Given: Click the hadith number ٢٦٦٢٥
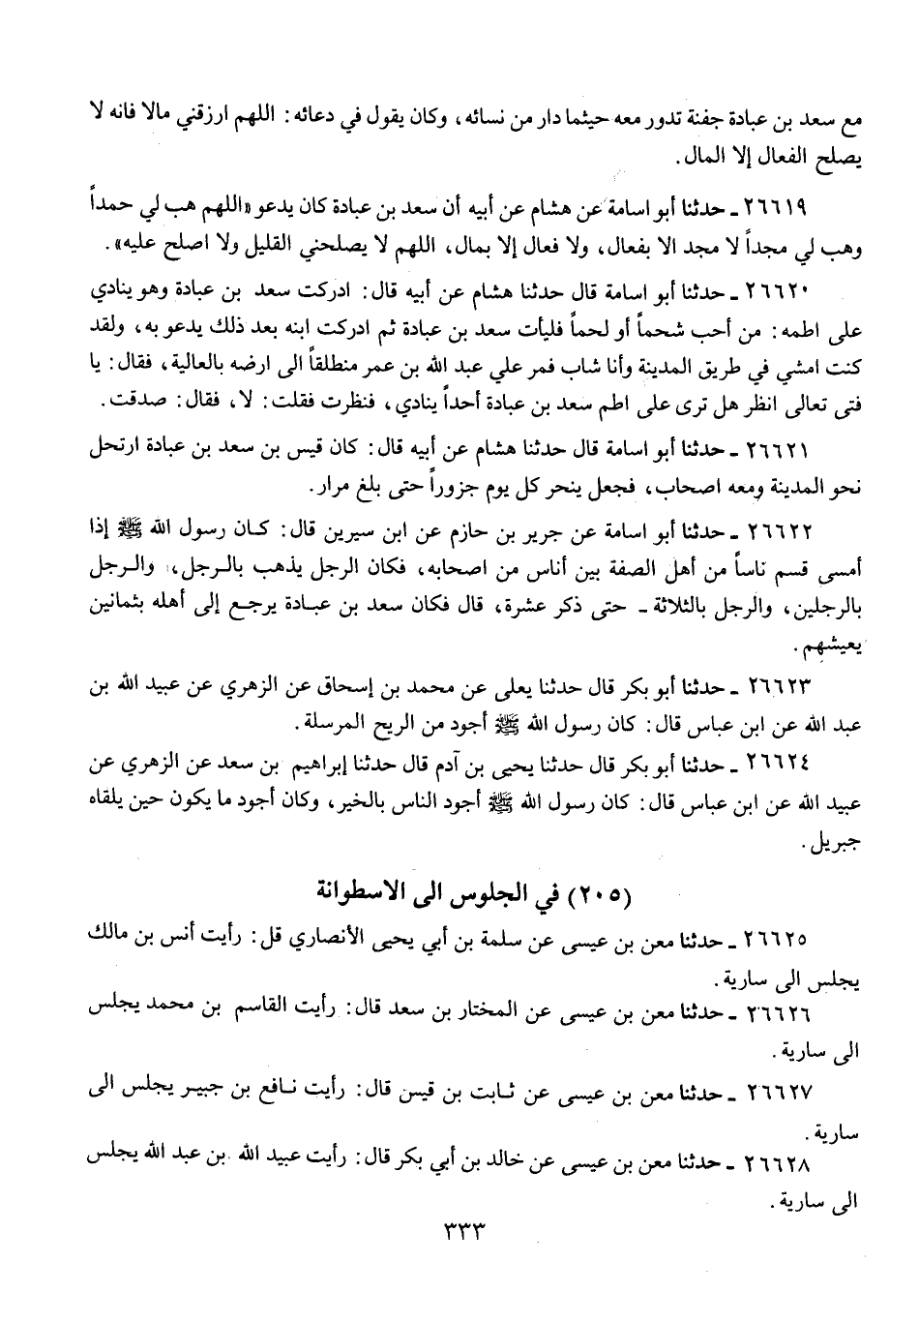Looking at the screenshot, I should [780, 940].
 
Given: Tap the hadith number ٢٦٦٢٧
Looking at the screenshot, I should [780, 1093].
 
